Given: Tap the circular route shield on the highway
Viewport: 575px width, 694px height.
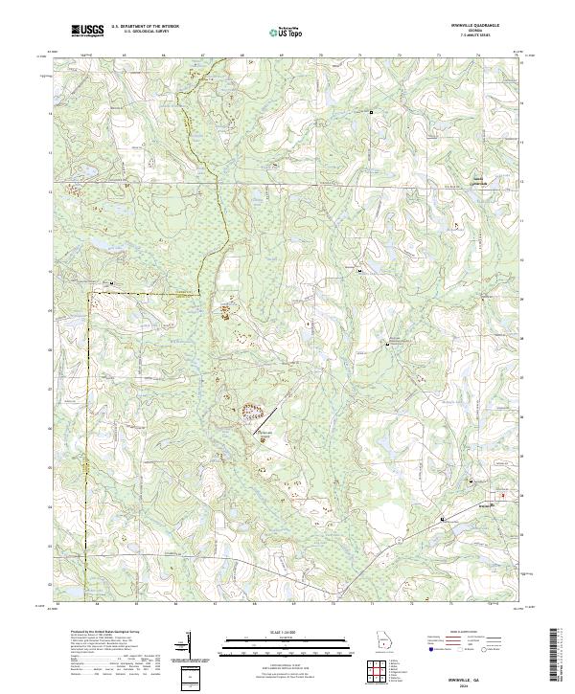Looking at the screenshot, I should [443, 518].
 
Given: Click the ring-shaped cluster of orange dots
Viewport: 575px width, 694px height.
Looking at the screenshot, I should [253, 413].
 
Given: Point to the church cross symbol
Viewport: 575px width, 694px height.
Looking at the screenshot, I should [309, 325].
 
